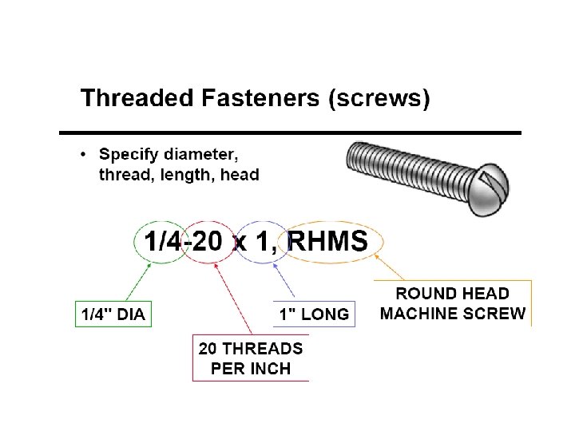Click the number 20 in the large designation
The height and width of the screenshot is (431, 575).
[208, 240]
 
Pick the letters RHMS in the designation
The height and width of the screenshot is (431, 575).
[327, 240]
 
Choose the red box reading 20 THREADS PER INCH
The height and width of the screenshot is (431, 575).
[250, 358]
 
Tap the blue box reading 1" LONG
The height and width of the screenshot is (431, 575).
[312, 314]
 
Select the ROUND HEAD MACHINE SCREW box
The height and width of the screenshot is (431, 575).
[453, 302]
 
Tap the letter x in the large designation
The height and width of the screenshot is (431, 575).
[240, 243]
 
